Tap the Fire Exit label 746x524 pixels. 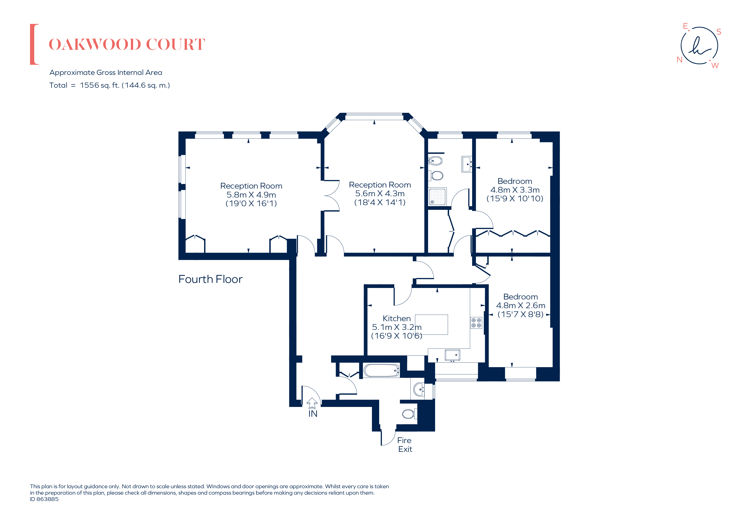tap(404, 445)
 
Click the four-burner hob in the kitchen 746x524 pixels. tap(476, 323)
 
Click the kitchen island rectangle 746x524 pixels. tap(431, 324)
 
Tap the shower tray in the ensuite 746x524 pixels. tap(437, 196)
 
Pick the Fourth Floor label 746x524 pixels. tap(210, 279)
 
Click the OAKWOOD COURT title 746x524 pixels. tap(127, 44)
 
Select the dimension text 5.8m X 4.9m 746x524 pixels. tap(251, 195)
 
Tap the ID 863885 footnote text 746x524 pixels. tap(44, 499)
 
